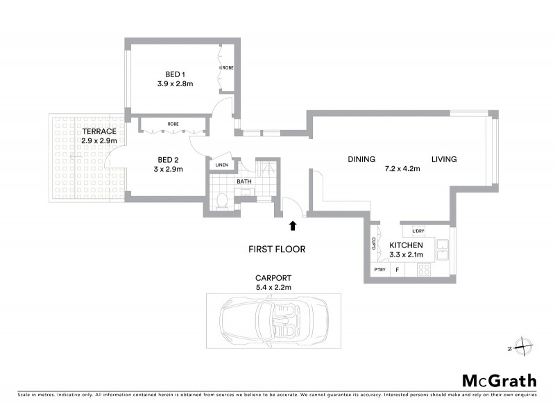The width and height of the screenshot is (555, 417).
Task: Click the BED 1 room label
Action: (x=175, y=74)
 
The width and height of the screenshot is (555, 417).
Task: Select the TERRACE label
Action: (x=98, y=131)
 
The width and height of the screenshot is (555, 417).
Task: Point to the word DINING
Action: (x=361, y=159)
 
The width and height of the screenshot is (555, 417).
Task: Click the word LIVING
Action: (x=444, y=159)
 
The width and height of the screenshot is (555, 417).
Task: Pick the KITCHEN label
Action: (x=406, y=246)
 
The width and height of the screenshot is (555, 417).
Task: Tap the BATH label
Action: (x=244, y=182)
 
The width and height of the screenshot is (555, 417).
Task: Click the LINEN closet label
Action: (x=221, y=165)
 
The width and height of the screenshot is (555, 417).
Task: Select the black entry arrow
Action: (x=293, y=225)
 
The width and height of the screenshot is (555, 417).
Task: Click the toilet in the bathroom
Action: (x=221, y=202)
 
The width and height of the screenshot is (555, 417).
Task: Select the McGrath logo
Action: (x=499, y=380)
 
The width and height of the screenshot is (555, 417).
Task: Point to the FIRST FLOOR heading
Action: (x=277, y=248)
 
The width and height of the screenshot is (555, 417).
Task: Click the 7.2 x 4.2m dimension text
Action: (x=402, y=169)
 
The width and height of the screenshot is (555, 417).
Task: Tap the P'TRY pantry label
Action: (x=379, y=270)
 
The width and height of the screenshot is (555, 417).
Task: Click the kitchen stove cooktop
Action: (x=424, y=270)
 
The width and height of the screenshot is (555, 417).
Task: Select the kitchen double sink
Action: (x=442, y=246)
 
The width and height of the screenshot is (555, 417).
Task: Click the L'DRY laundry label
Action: (x=418, y=231)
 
